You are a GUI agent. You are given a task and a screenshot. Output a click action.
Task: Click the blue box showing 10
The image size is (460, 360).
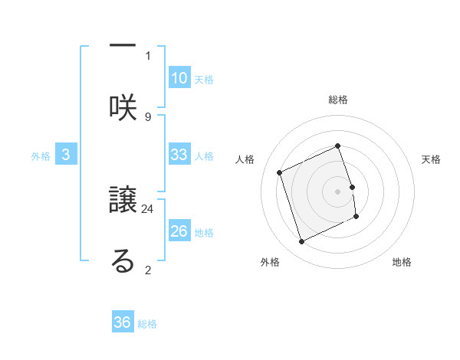coord(179,77)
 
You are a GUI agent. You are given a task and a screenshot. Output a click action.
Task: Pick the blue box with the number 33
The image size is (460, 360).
coord(179,155)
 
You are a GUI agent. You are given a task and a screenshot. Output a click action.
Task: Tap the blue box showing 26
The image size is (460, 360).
coord(179,231)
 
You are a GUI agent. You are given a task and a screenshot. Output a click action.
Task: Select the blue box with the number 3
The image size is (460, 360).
coord(66,155)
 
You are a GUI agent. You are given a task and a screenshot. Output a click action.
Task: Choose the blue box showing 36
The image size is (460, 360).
coord(122,322)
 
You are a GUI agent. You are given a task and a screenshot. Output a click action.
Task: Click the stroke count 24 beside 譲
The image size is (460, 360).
coord(148,208)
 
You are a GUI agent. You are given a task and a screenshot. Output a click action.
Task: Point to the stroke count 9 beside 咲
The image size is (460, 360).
coord(148,116)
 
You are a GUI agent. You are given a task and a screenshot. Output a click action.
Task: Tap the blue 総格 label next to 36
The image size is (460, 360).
coord(147,324)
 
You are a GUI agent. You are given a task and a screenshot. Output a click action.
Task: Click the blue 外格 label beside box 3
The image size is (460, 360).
coord(41,156)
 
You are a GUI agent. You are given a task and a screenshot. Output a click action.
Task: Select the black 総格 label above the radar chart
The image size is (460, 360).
coord(338,100)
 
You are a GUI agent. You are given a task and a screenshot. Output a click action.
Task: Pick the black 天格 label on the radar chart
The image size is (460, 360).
coord(432,159)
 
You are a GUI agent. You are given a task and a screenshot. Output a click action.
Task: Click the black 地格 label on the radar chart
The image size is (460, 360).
coord(402,262)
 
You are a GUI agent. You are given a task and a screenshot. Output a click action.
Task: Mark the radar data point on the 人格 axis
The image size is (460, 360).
coord(280,172)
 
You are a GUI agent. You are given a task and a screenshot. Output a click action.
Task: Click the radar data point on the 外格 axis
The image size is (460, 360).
coord(301,242)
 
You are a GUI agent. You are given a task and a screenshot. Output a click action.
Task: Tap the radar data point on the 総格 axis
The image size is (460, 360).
coord(338,146)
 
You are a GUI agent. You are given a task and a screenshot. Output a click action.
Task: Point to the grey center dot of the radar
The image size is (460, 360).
coord(338,191)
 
